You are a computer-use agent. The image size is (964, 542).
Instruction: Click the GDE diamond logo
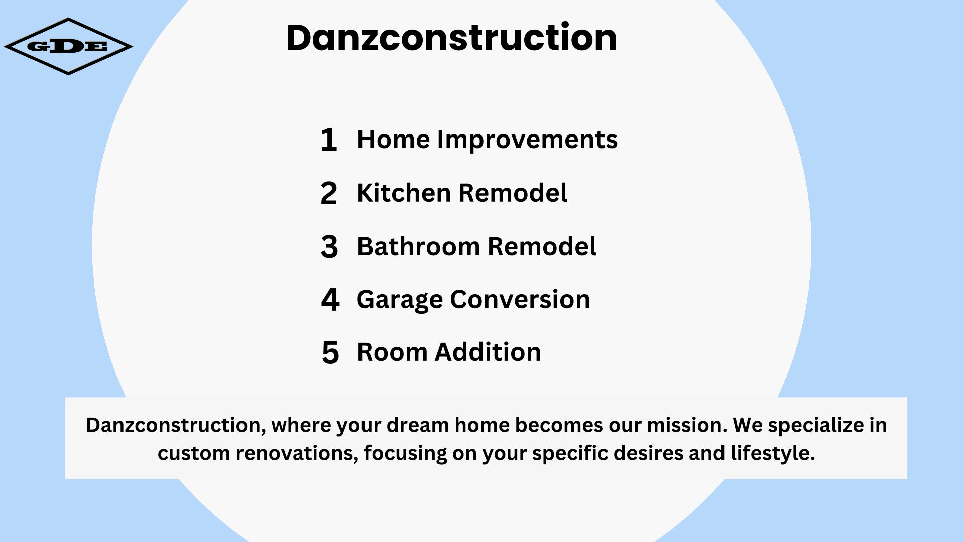(68, 47)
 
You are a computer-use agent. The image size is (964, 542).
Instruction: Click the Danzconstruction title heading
(451, 37)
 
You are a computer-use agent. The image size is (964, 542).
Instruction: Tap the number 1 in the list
(329, 140)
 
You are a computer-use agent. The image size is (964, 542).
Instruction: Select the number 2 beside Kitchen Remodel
(329, 193)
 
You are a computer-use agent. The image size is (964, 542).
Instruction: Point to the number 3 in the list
(329, 247)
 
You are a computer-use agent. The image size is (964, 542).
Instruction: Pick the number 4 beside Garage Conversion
(330, 300)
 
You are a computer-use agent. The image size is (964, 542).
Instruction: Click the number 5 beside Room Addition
(330, 352)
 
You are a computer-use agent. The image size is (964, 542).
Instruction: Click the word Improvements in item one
(527, 140)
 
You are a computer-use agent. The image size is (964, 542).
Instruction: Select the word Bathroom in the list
(418, 246)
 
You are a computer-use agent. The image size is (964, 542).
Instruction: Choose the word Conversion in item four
(520, 300)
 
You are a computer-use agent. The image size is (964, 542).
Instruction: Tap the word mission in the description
(687, 425)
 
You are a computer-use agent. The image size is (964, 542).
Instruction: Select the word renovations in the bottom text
(297, 453)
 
